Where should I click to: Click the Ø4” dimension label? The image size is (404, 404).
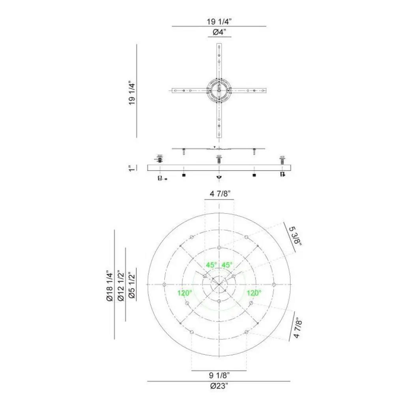click(219, 32)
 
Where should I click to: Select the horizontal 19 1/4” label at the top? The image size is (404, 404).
click(219, 21)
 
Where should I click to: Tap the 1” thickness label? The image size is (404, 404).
click(132, 168)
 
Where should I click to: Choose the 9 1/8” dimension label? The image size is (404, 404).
click(219, 375)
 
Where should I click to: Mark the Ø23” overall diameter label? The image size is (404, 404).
click(219, 386)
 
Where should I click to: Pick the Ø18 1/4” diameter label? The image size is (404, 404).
click(110, 286)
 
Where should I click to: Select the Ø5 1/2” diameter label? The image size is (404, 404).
click(132, 285)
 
